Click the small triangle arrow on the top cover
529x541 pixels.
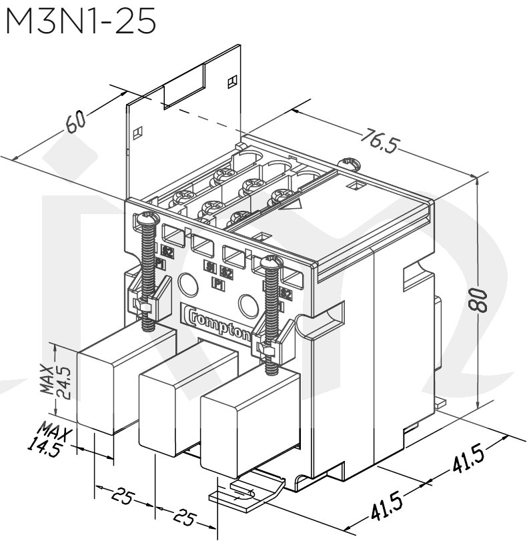tap(291, 205)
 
